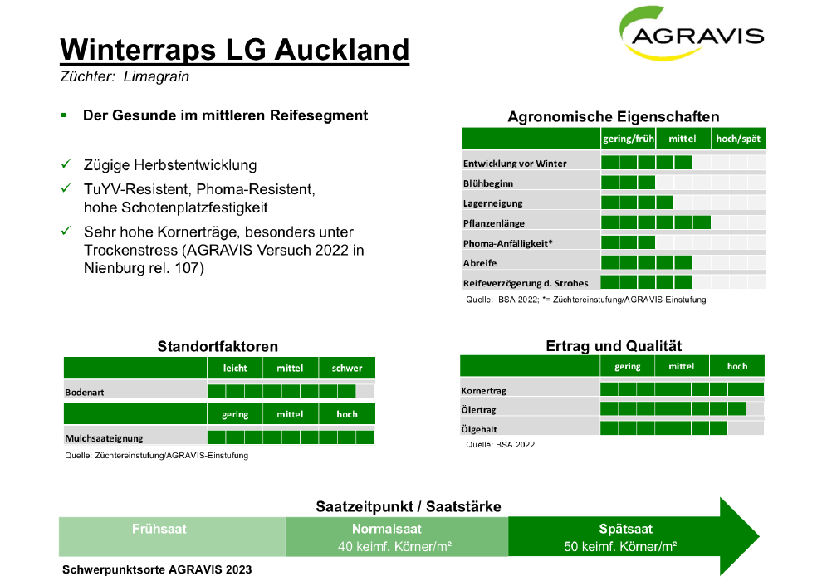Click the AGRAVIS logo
pyautogui.click(x=692, y=33)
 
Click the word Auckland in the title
pyautogui.click(x=342, y=50)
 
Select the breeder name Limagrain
pyautogui.click(x=156, y=76)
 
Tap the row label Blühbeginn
pyautogui.click(x=487, y=183)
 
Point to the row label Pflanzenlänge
pyautogui.click(x=493, y=223)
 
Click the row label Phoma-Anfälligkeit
pyautogui.click(x=507, y=243)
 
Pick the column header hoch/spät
pyautogui.click(x=737, y=139)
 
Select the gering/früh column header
pyautogui.click(x=628, y=139)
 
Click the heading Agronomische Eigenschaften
pyautogui.click(x=614, y=116)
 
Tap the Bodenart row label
pyautogui.click(x=85, y=393)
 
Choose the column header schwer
pyautogui.click(x=346, y=369)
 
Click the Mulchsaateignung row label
pyautogui.click(x=104, y=438)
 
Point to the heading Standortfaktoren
pyautogui.click(x=218, y=346)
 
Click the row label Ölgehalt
pyautogui.click(x=479, y=430)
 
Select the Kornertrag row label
pyautogui.click(x=483, y=391)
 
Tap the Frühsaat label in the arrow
pyautogui.click(x=159, y=529)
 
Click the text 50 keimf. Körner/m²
pyautogui.click(x=620, y=547)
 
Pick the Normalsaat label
pyautogui.click(x=386, y=529)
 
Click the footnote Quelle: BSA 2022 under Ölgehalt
pyautogui.click(x=500, y=445)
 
